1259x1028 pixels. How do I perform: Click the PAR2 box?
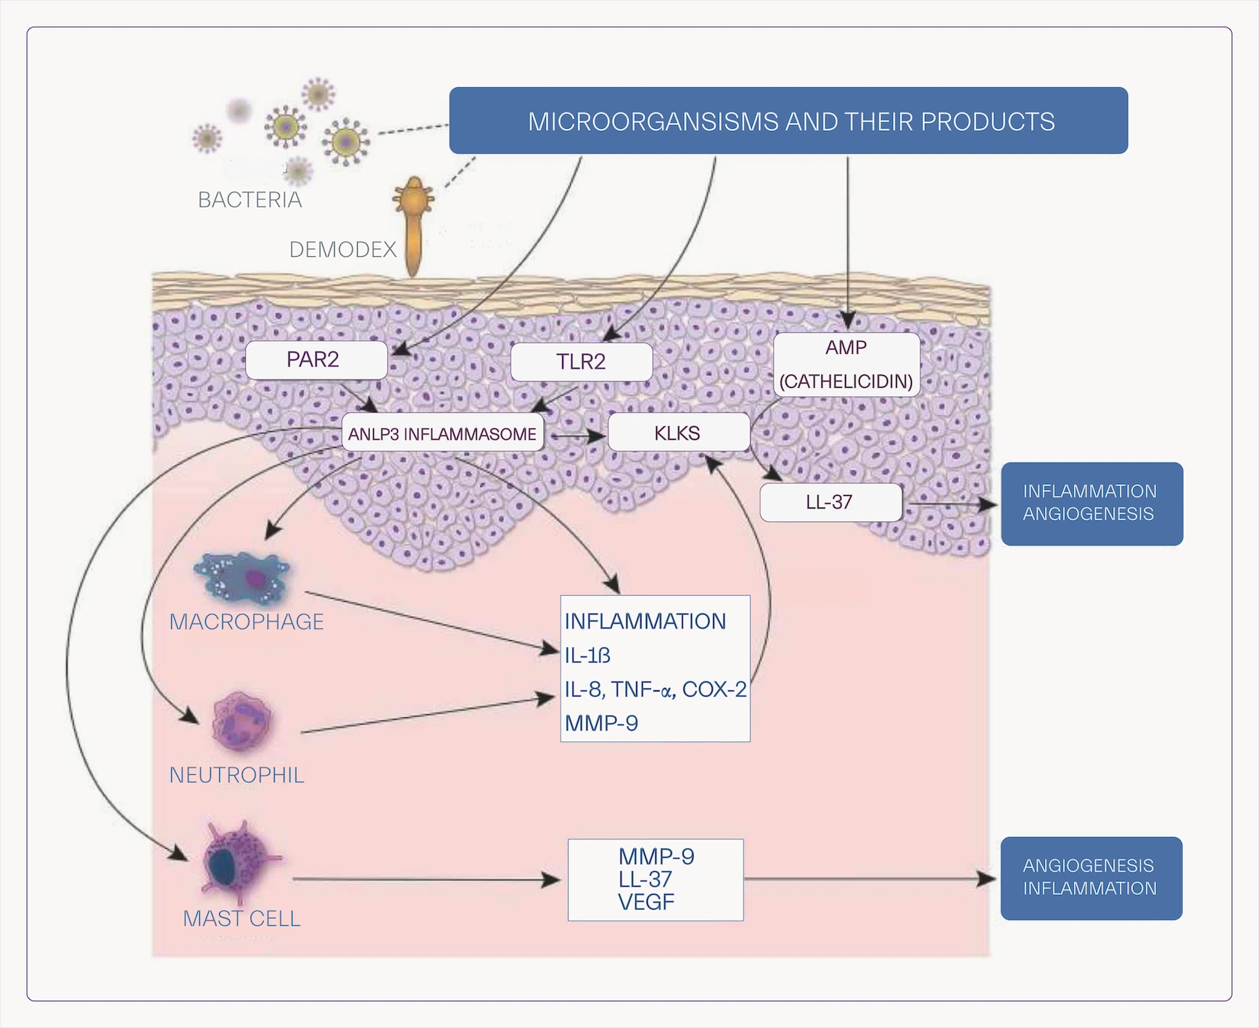(316, 360)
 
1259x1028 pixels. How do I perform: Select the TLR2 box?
(581, 362)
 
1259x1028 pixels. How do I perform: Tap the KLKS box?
(678, 433)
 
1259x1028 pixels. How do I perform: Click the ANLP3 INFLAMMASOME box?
(442, 434)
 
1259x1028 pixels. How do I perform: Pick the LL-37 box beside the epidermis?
(830, 503)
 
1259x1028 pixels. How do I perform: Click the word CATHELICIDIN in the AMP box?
(846, 382)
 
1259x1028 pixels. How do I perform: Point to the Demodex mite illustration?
(413, 222)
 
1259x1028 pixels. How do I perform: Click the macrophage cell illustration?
(243, 577)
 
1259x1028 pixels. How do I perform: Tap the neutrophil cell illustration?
(241, 722)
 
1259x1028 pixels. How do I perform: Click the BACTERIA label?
(250, 200)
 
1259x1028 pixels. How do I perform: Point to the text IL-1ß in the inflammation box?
(587, 656)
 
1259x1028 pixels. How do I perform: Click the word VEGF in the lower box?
(646, 902)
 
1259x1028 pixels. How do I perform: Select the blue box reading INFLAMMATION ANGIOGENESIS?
(1092, 503)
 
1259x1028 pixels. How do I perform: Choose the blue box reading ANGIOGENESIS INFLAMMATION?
(1091, 878)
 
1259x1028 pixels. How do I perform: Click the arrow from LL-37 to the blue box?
(952, 505)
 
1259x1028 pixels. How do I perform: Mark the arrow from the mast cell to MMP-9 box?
(426, 879)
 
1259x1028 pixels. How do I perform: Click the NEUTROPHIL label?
(236, 775)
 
